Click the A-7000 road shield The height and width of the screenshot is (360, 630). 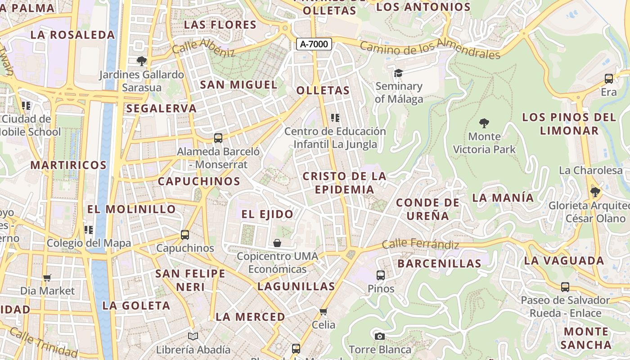(x=315, y=44)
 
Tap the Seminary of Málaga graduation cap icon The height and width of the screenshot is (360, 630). (x=398, y=73)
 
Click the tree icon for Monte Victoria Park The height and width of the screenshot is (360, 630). (x=484, y=123)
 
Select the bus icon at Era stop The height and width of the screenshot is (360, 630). (x=609, y=79)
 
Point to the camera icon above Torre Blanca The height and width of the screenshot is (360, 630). (x=380, y=336)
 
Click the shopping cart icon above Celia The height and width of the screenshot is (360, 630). (x=323, y=311)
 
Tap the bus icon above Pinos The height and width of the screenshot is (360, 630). (x=381, y=275)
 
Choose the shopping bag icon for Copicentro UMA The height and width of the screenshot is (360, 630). (x=277, y=243)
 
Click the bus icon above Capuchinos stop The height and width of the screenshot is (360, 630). (x=185, y=234)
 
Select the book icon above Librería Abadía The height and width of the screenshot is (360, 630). (x=193, y=336)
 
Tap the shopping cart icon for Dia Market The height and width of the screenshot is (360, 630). (x=47, y=278)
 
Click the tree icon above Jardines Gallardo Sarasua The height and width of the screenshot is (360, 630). (x=142, y=61)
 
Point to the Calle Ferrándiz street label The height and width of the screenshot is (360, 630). (x=420, y=245)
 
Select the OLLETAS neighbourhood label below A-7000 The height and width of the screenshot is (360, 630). (x=323, y=90)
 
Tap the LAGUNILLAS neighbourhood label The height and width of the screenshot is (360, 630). (x=296, y=286)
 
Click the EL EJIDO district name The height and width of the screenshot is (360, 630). (x=267, y=214)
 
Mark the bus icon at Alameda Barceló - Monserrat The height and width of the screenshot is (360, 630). (x=218, y=138)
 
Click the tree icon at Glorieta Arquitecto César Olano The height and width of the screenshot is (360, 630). (x=595, y=193)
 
